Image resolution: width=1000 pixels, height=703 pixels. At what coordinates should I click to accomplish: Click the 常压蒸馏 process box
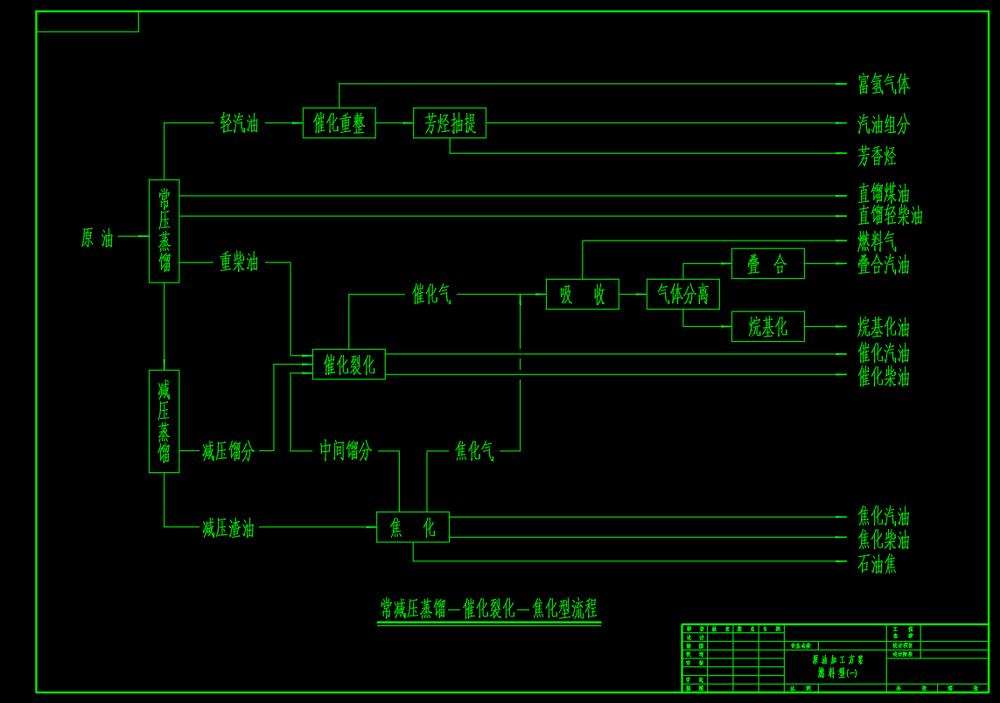(x=164, y=231)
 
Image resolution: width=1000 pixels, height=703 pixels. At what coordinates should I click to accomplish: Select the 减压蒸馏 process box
(x=164, y=421)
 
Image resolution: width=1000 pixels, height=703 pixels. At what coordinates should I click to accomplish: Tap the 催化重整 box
(x=339, y=123)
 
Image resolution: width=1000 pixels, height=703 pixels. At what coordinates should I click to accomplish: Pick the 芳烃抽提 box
(x=450, y=123)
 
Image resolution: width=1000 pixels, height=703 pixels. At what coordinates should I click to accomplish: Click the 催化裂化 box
(x=349, y=364)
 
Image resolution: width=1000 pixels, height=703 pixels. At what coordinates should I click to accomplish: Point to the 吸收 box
(x=583, y=295)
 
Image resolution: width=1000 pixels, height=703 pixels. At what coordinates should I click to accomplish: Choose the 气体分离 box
(x=683, y=295)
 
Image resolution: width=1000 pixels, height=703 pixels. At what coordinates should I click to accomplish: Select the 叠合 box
(x=768, y=264)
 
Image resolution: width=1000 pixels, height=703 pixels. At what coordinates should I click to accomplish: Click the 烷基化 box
(x=768, y=327)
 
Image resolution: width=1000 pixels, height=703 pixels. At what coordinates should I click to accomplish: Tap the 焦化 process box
(x=413, y=527)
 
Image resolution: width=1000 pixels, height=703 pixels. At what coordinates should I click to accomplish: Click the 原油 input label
(x=97, y=238)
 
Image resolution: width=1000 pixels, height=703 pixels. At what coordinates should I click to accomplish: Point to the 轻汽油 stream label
(x=239, y=123)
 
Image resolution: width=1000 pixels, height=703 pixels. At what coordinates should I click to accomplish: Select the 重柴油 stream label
(x=239, y=261)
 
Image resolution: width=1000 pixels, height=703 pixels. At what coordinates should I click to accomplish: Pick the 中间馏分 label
(x=346, y=451)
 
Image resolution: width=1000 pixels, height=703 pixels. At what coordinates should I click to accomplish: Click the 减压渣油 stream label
(x=228, y=528)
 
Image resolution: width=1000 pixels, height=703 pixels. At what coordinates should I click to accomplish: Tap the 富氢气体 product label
(x=884, y=85)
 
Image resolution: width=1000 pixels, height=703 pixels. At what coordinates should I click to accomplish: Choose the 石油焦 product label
(x=877, y=564)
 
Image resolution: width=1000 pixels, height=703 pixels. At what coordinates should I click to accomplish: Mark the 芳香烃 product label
(x=877, y=157)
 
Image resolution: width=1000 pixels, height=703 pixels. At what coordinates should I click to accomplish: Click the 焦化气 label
(x=474, y=451)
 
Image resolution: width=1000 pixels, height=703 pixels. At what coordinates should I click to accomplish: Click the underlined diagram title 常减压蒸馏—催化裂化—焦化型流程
(x=489, y=608)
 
